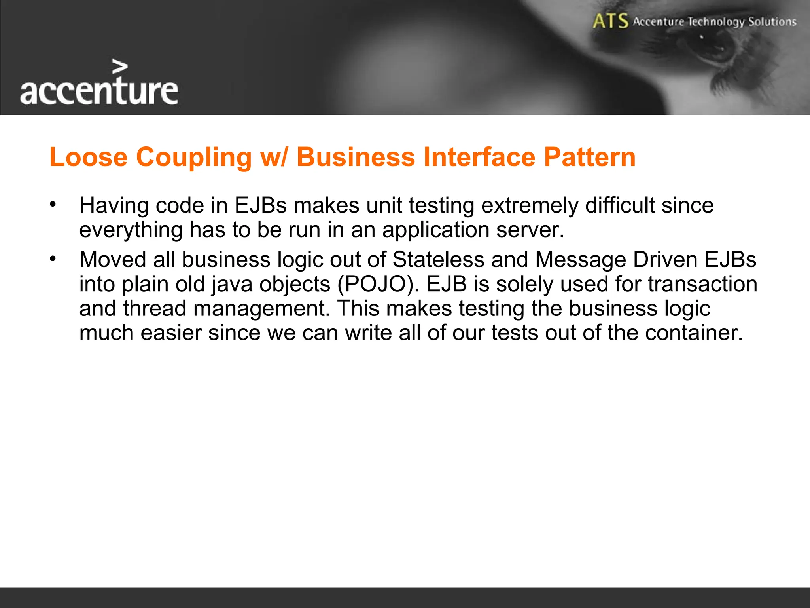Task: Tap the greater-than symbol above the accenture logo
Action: (x=119, y=67)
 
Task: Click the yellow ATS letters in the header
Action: (x=610, y=21)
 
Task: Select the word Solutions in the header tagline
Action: (x=772, y=21)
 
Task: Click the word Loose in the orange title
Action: (x=88, y=157)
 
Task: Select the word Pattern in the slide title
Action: (x=589, y=157)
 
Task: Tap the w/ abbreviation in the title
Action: (x=274, y=157)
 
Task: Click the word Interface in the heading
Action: (x=479, y=157)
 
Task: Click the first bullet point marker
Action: (x=53, y=205)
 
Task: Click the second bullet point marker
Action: (x=53, y=259)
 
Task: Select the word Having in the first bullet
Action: (x=114, y=205)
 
